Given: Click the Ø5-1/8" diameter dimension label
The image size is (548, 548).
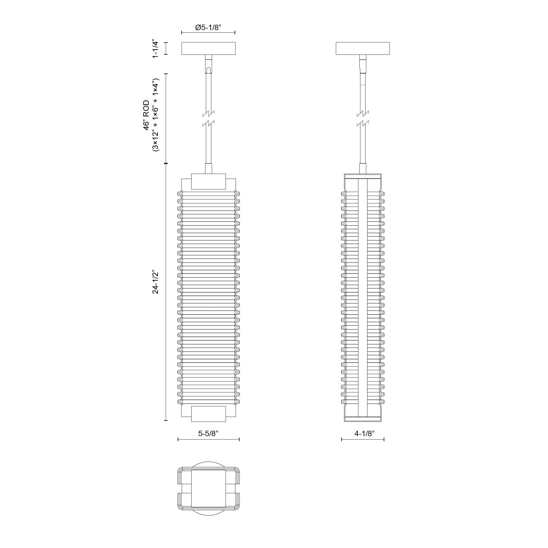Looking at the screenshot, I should pyautogui.click(x=208, y=27).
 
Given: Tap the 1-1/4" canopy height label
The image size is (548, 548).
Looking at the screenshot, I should pyautogui.click(x=155, y=48).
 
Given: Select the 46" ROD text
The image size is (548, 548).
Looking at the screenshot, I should pyautogui.click(x=146, y=115).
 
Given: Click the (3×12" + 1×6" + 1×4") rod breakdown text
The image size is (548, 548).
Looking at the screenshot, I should pyautogui.click(x=156, y=115).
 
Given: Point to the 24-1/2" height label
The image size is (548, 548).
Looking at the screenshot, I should pyautogui.click(x=155, y=282).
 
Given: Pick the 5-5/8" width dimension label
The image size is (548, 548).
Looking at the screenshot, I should pyautogui.click(x=208, y=433).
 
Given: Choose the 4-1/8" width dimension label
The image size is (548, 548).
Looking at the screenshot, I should pyautogui.click(x=364, y=433).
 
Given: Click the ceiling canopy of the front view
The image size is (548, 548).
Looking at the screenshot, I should pyautogui.click(x=209, y=48).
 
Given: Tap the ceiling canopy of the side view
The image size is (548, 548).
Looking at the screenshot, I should pyautogui.click(x=363, y=48).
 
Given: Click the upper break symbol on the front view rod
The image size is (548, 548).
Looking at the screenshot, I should pyautogui.click(x=209, y=113).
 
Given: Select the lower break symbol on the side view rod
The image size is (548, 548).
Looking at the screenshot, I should pyautogui.click(x=363, y=123).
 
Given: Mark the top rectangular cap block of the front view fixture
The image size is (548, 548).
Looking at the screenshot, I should pyautogui.click(x=209, y=182).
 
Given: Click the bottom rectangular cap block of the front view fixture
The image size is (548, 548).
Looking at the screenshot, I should pyautogui.click(x=209, y=414).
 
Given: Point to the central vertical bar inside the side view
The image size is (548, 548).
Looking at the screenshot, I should pyautogui.click(x=363, y=298).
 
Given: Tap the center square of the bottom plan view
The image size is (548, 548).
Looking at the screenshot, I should pyautogui.click(x=209, y=488).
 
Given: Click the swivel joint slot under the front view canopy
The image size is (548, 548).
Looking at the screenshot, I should pyautogui.click(x=209, y=70).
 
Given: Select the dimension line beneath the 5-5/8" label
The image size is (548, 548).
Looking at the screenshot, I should pyautogui.click(x=209, y=439).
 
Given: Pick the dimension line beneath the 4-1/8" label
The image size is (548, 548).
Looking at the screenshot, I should pyautogui.click(x=363, y=439).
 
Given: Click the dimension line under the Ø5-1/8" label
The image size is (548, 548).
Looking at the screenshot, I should pyautogui.click(x=208, y=33).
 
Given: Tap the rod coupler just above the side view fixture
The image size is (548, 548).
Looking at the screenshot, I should pyautogui.click(x=363, y=169).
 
